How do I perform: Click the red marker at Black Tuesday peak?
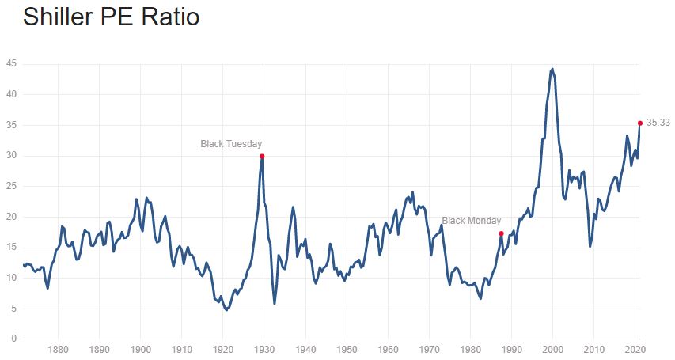click(x=262, y=156)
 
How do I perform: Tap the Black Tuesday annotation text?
click(x=231, y=144)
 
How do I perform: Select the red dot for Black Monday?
click(x=502, y=233)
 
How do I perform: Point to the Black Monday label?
click(x=471, y=221)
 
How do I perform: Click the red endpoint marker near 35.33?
click(x=639, y=123)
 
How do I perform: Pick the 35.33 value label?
click(x=658, y=123)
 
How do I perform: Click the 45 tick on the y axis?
click(x=11, y=64)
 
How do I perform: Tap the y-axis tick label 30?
click(x=11, y=156)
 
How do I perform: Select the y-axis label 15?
click(x=11, y=247)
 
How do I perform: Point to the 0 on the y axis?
click(x=13, y=339)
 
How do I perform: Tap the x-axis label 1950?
click(x=347, y=349)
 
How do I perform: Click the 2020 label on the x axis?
click(x=635, y=349)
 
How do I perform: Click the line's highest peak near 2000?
click(x=552, y=69)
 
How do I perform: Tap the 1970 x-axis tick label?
click(x=430, y=349)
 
